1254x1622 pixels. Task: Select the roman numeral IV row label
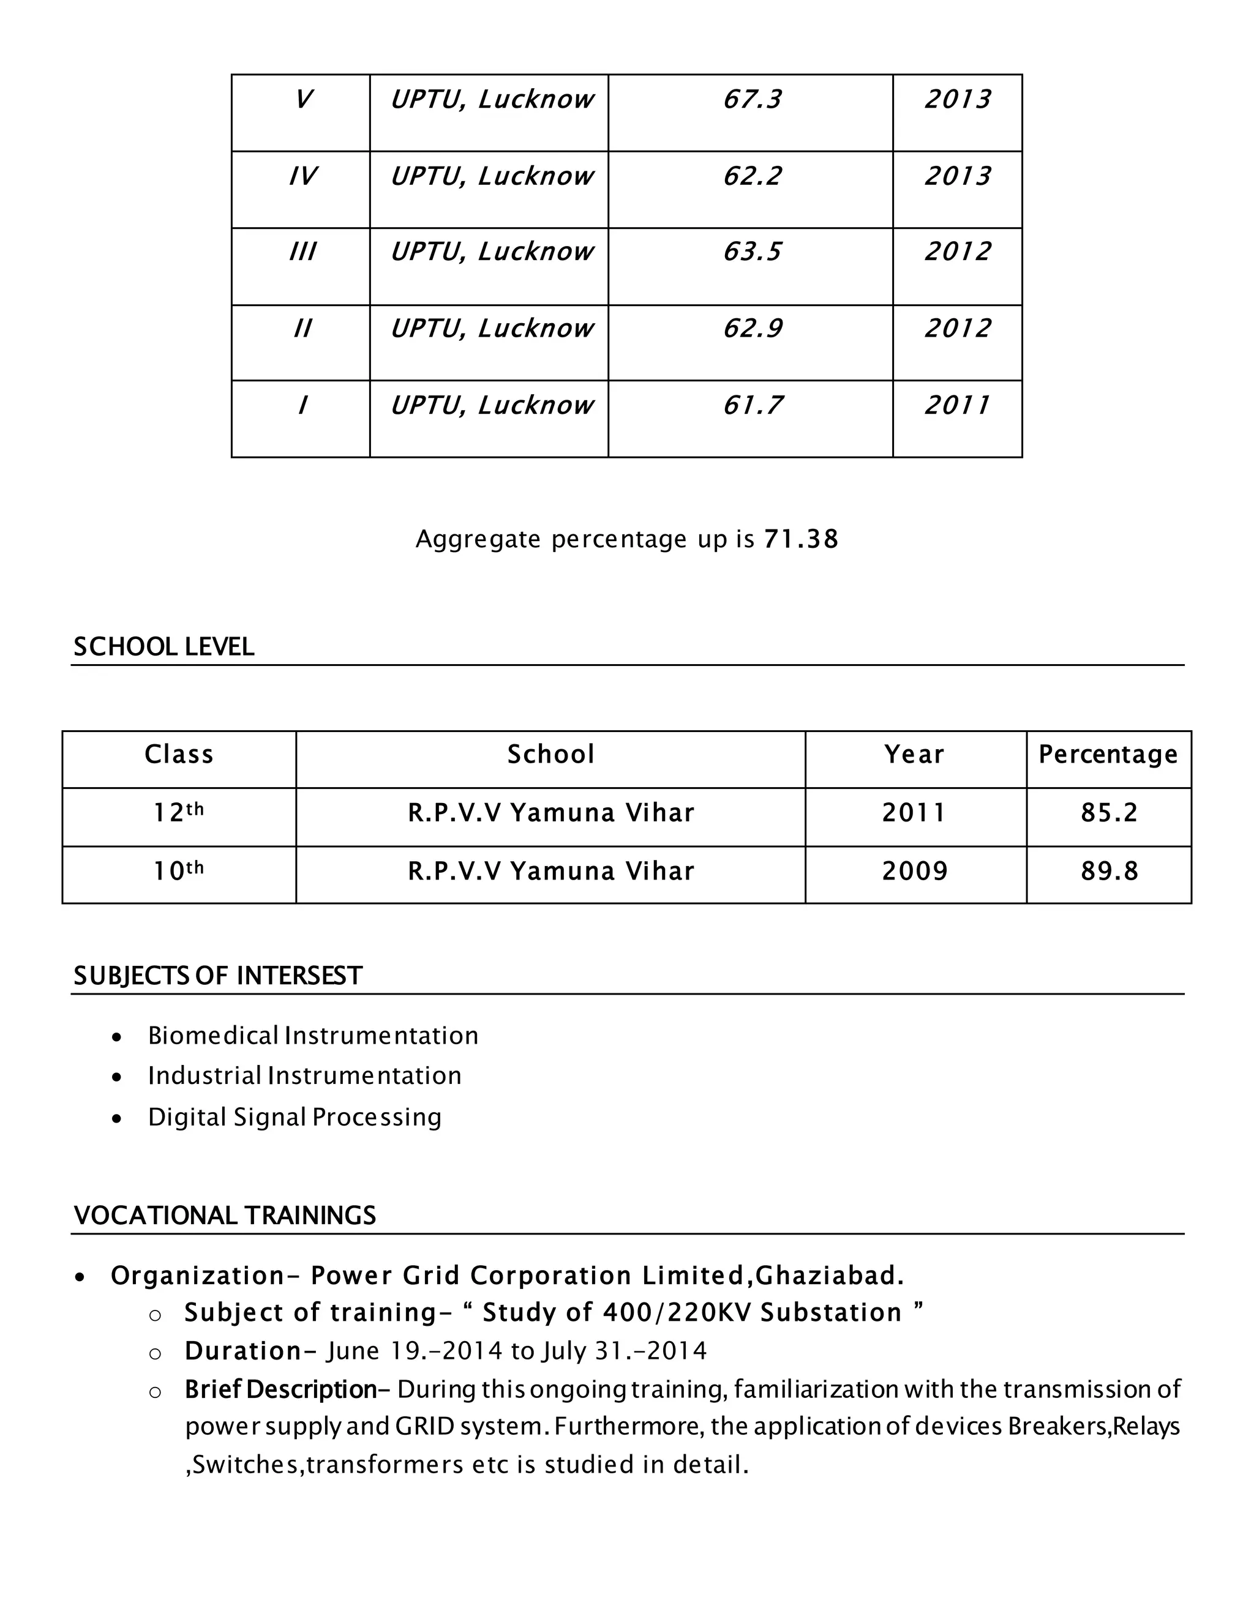pos(302,176)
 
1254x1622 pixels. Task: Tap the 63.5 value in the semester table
pos(752,252)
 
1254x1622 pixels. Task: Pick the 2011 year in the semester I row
pos(957,405)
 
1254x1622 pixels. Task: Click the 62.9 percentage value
pos(752,328)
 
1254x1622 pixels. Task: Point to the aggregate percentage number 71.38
pos(801,539)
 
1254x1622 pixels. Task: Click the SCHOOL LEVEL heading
pos(163,647)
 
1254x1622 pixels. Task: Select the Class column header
pos(179,755)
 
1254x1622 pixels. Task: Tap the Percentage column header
pos(1108,755)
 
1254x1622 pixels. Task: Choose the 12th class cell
pos(179,812)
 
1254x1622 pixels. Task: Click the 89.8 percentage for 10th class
pos(1109,871)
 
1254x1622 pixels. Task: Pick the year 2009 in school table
pos(915,871)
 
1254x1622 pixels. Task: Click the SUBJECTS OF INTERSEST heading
pos(217,976)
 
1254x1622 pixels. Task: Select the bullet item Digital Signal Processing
pos(294,1117)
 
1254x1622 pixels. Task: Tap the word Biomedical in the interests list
pos(213,1035)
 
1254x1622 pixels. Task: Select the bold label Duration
pos(242,1351)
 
